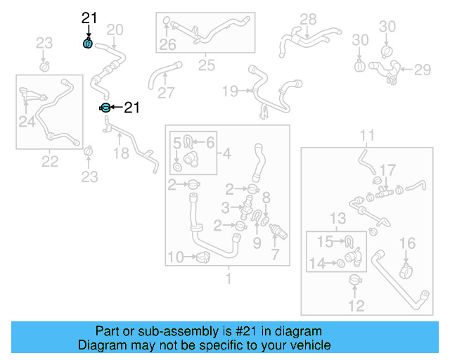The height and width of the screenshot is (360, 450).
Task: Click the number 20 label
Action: (x=115, y=29)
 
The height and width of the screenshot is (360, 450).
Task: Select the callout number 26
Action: (x=167, y=46)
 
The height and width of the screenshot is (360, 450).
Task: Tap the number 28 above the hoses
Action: (x=308, y=19)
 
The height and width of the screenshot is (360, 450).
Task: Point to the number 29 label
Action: (x=421, y=70)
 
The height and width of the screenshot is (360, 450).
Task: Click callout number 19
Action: (x=230, y=91)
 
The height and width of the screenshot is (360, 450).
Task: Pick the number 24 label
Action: (x=27, y=122)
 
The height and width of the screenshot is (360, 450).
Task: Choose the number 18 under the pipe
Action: (x=121, y=153)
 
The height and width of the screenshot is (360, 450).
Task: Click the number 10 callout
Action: (x=176, y=257)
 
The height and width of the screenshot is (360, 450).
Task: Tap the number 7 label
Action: (x=275, y=252)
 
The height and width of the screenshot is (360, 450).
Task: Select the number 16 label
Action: (x=408, y=243)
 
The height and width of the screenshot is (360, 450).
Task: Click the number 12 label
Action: (x=356, y=306)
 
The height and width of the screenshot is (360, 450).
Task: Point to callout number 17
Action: (x=387, y=169)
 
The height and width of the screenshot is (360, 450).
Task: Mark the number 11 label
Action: (x=367, y=135)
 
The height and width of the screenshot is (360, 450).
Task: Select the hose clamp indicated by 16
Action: (x=406, y=269)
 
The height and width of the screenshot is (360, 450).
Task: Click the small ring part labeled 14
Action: (x=340, y=264)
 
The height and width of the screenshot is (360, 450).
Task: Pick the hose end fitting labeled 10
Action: (x=202, y=257)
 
